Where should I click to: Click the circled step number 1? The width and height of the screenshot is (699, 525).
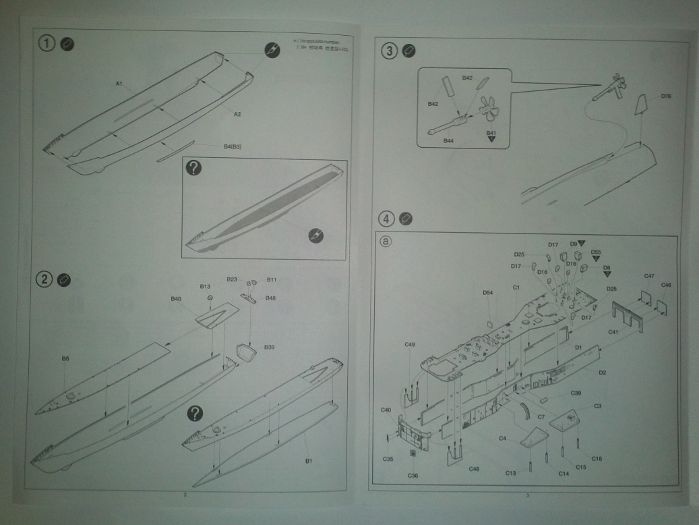click(46, 43)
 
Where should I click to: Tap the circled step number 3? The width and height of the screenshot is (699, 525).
click(390, 51)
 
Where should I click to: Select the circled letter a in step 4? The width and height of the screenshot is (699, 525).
click(386, 240)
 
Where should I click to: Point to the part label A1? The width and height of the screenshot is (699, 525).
click(118, 84)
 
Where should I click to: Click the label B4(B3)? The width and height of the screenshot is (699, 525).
click(233, 146)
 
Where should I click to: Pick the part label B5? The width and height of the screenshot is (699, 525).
click(65, 358)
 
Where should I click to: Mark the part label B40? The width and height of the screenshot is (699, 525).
click(177, 298)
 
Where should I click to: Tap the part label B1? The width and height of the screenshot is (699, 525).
click(308, 461)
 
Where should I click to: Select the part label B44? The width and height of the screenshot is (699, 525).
click(448, 140)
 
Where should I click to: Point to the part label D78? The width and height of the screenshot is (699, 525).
click(666, 96)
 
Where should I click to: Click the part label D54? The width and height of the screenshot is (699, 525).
click(488, 292)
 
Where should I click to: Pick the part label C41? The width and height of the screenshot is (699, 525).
click(613, 332)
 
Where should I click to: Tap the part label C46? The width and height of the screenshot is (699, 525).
click(666, 285)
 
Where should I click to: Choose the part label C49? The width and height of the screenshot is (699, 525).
click(410, 345)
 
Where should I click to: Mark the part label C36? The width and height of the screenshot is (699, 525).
click(413, 475)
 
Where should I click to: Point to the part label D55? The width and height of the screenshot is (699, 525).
click(596, 252)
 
